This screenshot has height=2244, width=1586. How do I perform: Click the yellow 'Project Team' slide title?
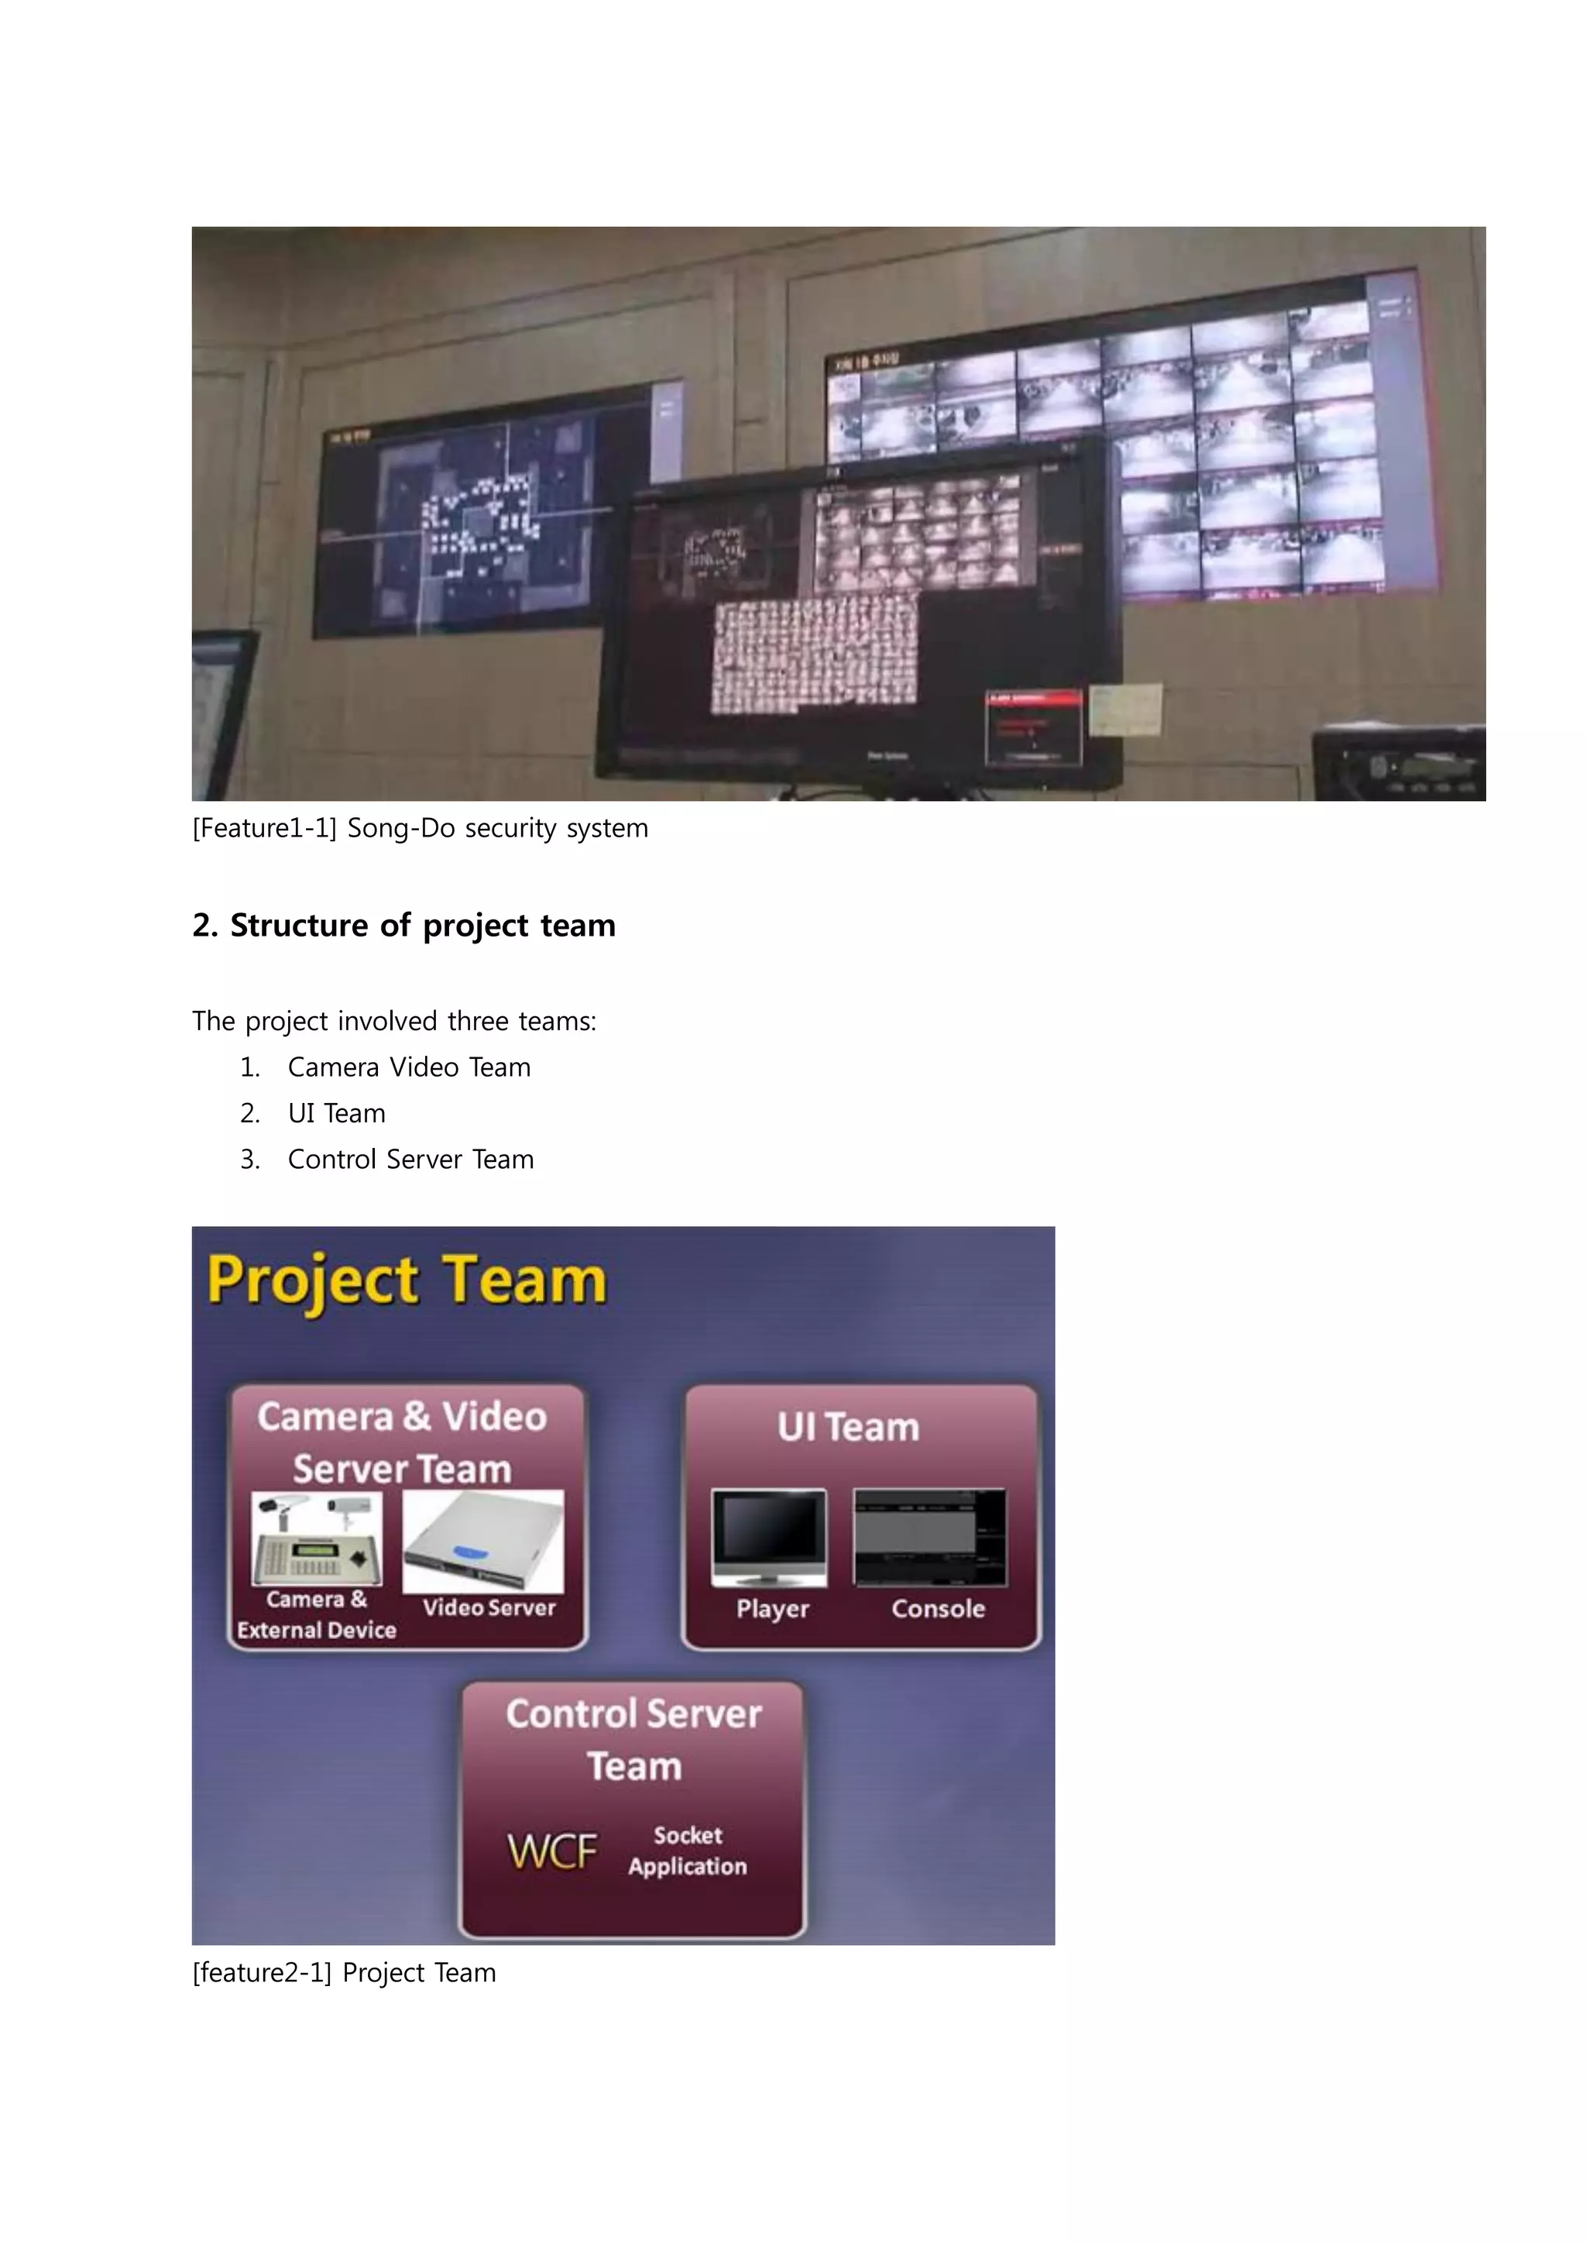(x=407, y=1280)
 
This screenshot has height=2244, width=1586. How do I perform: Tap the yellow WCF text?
(x=552, y=1851)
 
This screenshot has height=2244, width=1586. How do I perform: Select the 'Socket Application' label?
(x=688, y=1851)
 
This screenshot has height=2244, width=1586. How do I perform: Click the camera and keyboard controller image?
(x=317, y=1539)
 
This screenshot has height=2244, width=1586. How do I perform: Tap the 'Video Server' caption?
(x=489, y=1608)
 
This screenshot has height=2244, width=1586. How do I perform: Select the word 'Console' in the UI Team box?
(x=938, y=1609)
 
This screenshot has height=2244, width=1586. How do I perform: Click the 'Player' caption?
(x=772, y=1609)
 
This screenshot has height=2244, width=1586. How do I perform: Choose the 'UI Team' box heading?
(x=848, y=1427)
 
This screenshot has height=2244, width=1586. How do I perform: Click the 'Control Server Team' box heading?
(x=633, y=1740)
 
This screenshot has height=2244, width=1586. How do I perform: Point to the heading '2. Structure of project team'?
(x=403, y=925)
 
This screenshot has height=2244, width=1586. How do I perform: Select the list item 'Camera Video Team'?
(x=408, y=1067)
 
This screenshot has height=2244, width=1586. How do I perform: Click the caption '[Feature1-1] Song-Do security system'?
(x=421, y=828)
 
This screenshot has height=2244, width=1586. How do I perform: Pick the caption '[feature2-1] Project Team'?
(x=344, y=1972)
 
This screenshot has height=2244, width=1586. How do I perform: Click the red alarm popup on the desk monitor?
(x=1033, y=726)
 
